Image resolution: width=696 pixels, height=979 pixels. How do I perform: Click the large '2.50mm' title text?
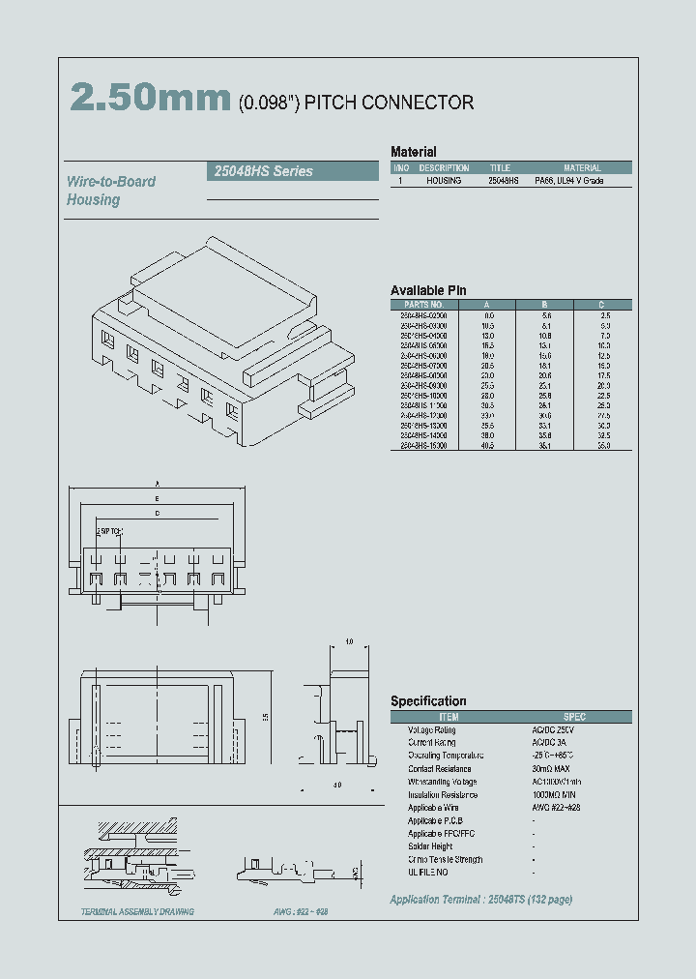tap(151, 99)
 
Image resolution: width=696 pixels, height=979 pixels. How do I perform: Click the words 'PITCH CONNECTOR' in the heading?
tap(389, 103)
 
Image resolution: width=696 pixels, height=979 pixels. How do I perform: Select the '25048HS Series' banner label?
tap(262, 171)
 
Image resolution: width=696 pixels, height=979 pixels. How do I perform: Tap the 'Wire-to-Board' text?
tap(111, 181)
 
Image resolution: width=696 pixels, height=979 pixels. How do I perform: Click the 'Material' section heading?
tap(413, 152)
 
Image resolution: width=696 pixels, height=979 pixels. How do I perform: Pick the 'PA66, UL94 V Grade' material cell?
tap(582, 181)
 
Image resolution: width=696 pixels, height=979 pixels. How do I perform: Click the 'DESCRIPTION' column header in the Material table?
tap(445, 167)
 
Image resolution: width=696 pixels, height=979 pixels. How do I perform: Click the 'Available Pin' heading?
tap(428, 290)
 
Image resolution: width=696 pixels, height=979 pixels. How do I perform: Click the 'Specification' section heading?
tap(428, 700)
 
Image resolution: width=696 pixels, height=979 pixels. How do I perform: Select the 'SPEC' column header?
tap(574, 717)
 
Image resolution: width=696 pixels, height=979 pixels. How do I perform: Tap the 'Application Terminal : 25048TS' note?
tap(480, 900)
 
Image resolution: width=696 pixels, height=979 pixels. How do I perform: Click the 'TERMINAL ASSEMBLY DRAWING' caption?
tap(137, 912)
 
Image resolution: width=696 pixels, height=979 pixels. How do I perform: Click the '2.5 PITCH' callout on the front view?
tap(109, 532)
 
